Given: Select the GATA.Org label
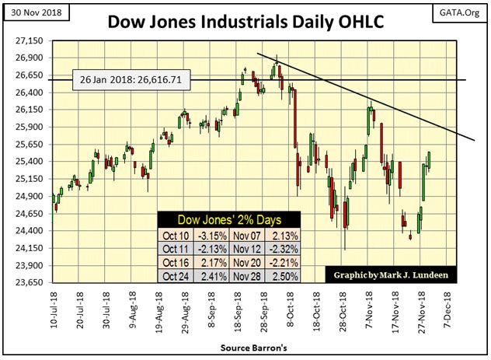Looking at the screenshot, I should (459, 12).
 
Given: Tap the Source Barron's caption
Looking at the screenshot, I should (245, 346).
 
